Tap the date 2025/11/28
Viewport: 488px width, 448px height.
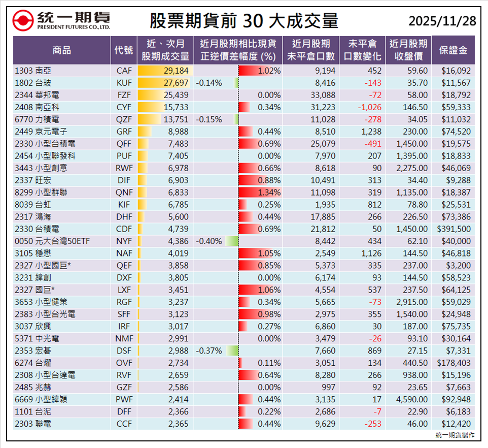442,21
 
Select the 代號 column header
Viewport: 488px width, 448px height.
124,50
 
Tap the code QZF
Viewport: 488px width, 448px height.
124,119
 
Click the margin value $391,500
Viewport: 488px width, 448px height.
454,229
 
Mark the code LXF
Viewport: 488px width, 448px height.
124,290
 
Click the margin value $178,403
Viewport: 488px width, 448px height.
454,363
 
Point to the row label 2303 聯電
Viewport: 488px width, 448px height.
33,424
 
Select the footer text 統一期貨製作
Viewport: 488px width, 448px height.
455,435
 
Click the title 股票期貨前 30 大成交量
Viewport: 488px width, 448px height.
244,21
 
